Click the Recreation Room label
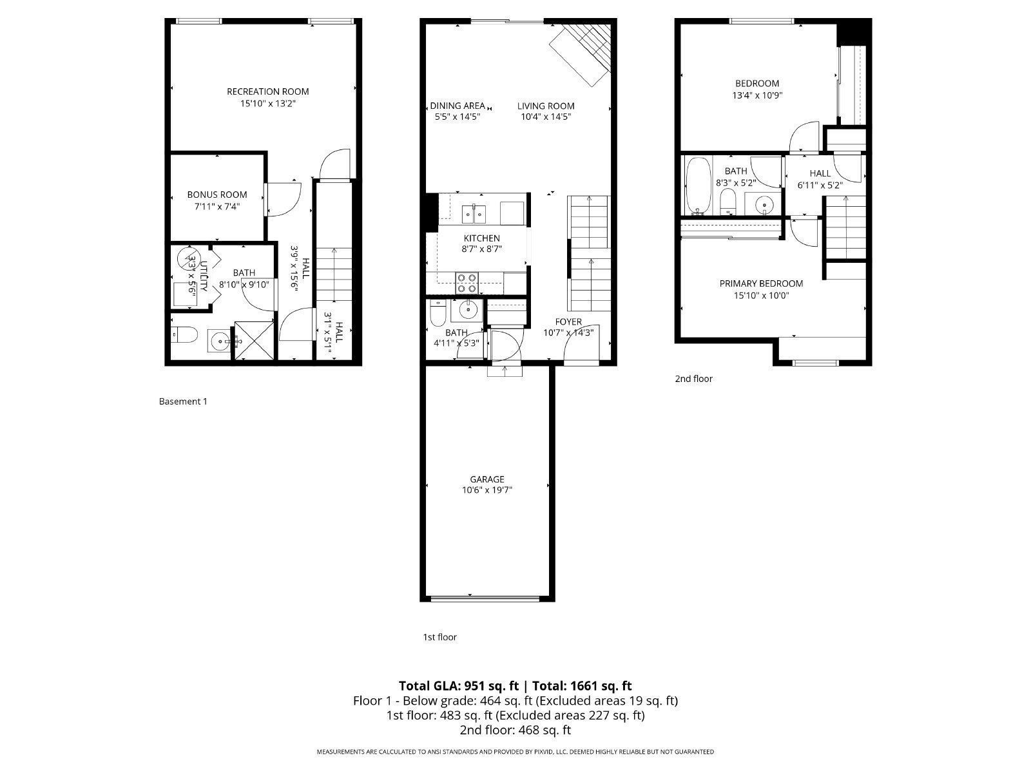click(267, 91)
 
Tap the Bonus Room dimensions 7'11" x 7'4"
click(217, 207)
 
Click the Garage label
click(487, 479)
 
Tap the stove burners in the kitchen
click(467, 283)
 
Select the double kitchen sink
click(475, 211)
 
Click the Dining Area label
click(457, 106)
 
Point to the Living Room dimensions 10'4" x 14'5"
click(546, 117)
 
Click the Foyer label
click(568, 321)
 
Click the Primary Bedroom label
click(761, 283)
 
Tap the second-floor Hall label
click(820, 173)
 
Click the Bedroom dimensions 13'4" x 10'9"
click(757, 95)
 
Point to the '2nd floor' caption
click(693, 379)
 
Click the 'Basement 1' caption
click(183, 401)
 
